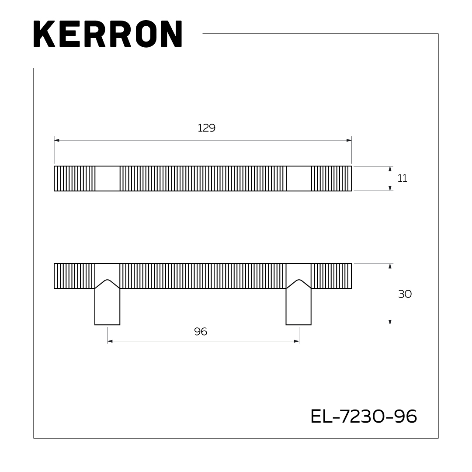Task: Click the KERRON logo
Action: click(108, 34)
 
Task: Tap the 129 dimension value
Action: click(206, 128)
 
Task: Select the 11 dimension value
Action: click(402, 178)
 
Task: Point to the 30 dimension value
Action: click(405, 294)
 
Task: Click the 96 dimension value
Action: click(201, 332)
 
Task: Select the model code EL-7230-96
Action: click(364, 416)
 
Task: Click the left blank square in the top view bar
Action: click(108, 178)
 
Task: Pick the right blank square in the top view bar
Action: click(298, 178)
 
